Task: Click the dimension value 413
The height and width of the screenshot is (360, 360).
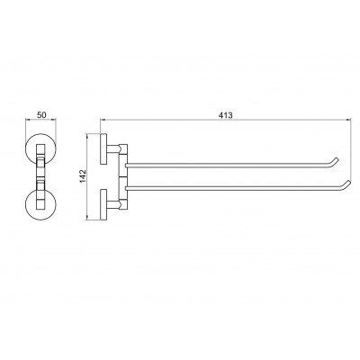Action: [x=226, y=115]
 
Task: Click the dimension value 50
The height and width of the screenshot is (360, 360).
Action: [x=41, y=114]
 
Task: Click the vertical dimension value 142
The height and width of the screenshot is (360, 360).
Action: [x=83, y=176]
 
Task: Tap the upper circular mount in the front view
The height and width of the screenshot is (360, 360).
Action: [x=41, y=148]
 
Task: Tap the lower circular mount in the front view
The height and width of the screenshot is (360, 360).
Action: [x=41, y=205]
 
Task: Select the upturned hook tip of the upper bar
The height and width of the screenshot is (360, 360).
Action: [x=337, y=158]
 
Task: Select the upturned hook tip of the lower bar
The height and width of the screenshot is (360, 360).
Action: [x=348, y=182]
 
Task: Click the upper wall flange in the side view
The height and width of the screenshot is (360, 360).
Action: [x=103, y=148]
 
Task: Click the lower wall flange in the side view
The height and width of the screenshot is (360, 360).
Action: [x=103, y=205]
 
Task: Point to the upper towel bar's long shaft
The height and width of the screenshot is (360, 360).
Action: [x=228, y=165]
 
